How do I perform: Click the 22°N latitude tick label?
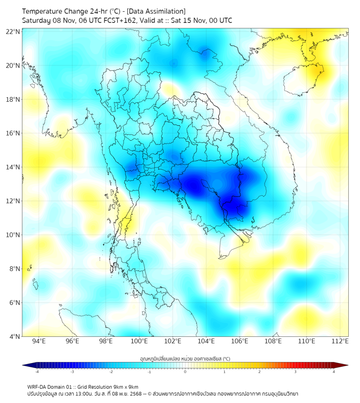tap(13, 32)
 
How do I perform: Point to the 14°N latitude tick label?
tap(13, 167)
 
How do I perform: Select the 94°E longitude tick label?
tap(39, 341)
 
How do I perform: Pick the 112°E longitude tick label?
tap(340, 341)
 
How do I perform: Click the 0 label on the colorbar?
tap(185, 372)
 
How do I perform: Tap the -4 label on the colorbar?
tap(36, 372)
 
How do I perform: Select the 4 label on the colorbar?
tap(334, 372)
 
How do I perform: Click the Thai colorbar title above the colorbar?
tap(185, 358)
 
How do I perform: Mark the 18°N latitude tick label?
tap(13, 100)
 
